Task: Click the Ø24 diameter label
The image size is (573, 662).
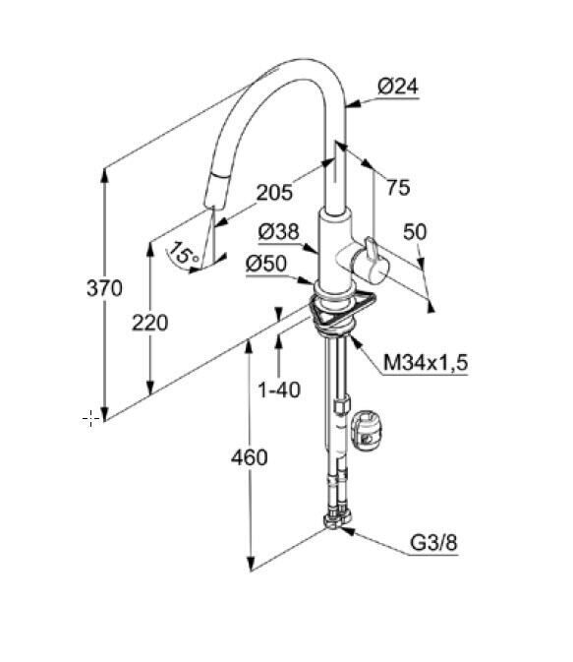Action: (x=398, y=87)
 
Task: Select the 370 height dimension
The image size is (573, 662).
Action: (x=104, y=288)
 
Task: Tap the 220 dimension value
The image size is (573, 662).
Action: (x=149, y=323)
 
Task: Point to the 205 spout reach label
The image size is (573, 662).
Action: (x=274, y=193)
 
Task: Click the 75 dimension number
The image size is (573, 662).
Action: (x=398, y=187)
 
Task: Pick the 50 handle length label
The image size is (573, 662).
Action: (x=415, y=232)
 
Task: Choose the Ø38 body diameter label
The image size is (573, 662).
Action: (x=278, y=232)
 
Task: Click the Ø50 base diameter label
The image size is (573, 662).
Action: (x=266, y=265)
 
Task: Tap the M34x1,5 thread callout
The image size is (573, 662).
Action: (x=426, y=363)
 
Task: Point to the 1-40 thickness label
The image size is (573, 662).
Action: (x=279, y=390)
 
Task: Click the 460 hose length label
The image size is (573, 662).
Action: (x=250, y=457)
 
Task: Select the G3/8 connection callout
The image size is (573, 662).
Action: (x=433, y=543)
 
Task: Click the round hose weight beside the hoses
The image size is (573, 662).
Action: (x=366, y=430)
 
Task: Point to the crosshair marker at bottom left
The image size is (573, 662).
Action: (x=90, y=418)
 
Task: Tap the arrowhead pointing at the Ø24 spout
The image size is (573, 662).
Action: (x=353, y=104)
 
